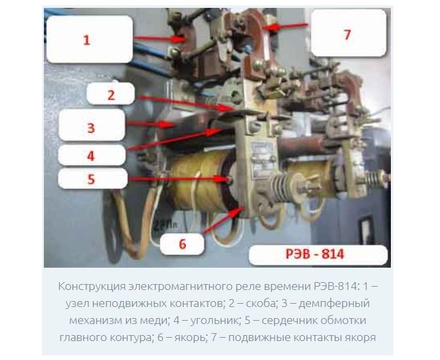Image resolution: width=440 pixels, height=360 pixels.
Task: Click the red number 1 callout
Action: point(86,40)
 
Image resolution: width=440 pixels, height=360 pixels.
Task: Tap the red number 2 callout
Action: point(111,96)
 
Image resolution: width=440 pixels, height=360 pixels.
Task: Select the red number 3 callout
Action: point(91,128)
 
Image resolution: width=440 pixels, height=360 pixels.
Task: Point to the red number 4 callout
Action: point(90,156)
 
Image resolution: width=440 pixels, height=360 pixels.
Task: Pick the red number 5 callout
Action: point(91,179)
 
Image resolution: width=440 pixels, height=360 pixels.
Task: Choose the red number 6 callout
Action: point(183,244)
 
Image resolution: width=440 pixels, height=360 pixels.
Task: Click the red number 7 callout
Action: point(348,35)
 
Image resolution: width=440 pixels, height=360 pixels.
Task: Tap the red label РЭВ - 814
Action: point(314,254)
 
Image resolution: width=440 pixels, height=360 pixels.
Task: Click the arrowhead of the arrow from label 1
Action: point(179,39)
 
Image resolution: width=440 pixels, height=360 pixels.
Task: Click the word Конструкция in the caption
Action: point(92,287)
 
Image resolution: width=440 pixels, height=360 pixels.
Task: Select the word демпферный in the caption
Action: point(334,304)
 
